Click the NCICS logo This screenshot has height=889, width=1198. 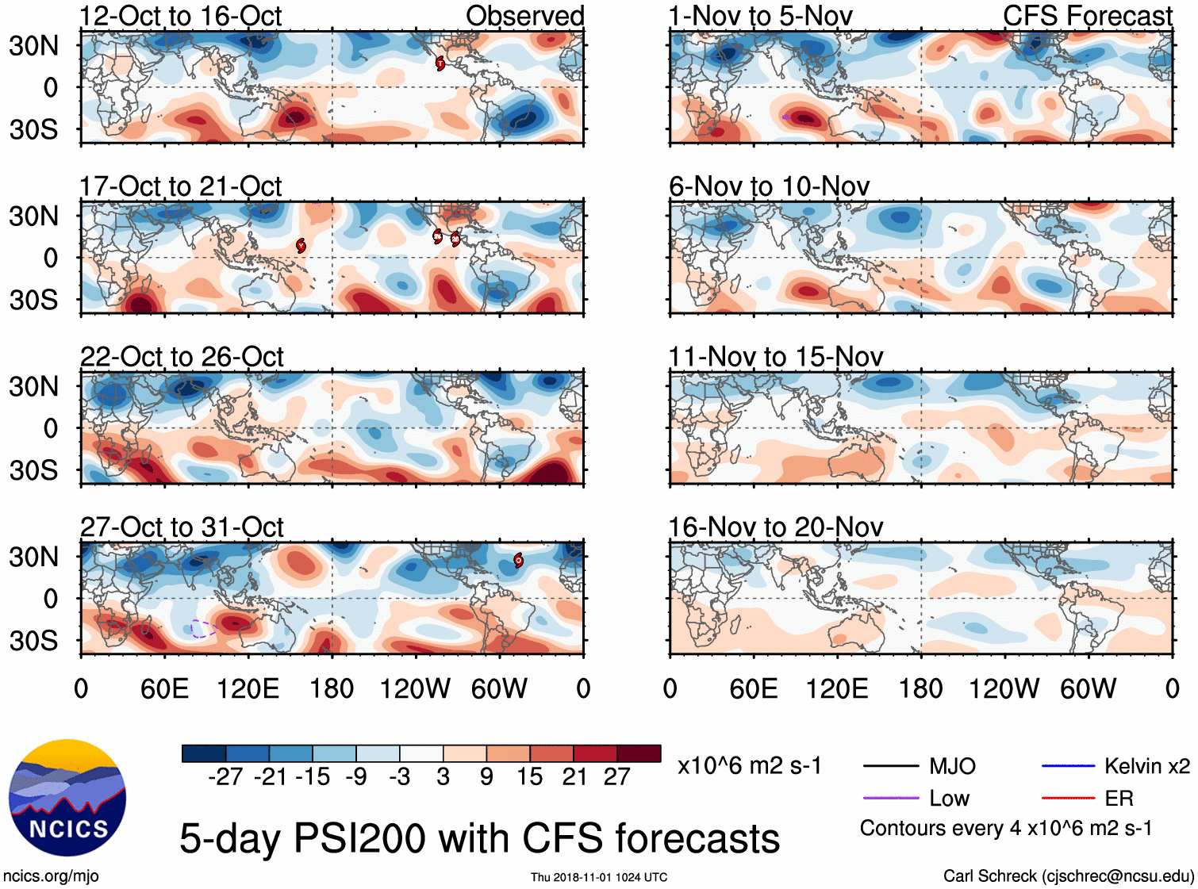(67, 798)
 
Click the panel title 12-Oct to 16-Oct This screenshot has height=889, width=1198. (180, 16)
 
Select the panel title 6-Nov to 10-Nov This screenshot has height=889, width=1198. (769, 186)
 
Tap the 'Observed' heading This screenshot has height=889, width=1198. (524, 16)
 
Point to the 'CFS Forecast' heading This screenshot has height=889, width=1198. (1087, 16)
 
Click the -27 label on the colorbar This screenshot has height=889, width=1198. (225, 776)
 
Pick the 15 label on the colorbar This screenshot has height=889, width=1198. (529, 776)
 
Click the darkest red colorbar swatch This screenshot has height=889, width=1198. (639, 753)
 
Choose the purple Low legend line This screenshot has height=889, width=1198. (890, 798)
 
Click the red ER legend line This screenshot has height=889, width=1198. (1068, 798)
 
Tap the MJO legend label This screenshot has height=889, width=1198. (952, 766)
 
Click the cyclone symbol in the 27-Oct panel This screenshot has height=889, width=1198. (518, 561)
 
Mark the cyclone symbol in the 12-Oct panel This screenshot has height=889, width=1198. (440, 63)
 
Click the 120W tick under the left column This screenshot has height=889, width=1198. (415, 688)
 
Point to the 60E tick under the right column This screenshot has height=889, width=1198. (754, 688)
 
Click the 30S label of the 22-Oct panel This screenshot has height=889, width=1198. (33, 470)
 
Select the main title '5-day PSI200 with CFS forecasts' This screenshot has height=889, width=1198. (479, 838)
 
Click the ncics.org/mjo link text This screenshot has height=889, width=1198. (51, 876)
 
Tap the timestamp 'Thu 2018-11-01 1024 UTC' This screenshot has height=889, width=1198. (599, 877)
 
